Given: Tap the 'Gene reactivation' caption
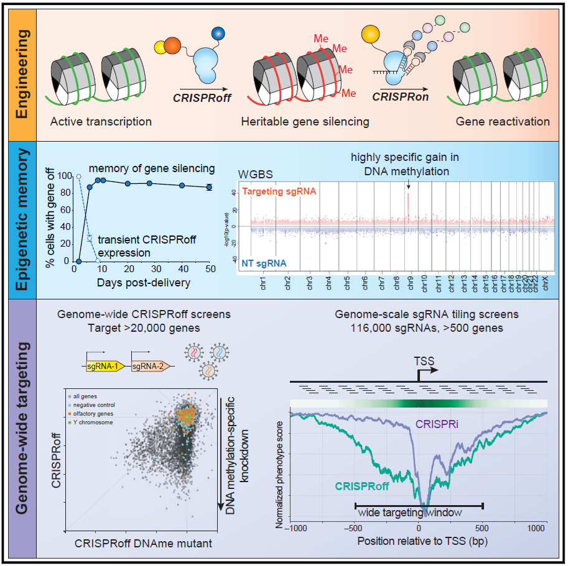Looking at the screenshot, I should [502, 122].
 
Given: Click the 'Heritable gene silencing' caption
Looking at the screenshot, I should [304, 122].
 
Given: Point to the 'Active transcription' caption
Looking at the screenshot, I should [100, 122].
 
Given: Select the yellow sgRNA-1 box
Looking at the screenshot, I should [107, 367].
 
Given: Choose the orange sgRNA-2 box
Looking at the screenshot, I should [149, 367].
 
